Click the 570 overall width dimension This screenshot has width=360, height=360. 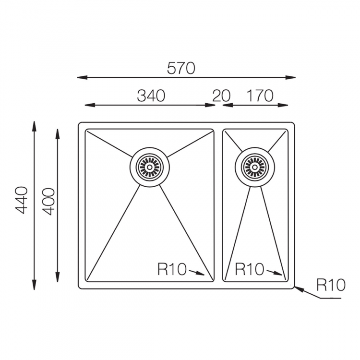pyautogui.click(x=181, y=68)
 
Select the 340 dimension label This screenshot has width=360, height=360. pyautogui.click(x=151, y=96)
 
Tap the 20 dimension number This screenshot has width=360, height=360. pyautogui.click(x=221, y=96)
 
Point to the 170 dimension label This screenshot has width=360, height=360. pyautogui.click(x=260, y=96)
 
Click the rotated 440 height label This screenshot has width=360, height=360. pyautogui.click(x=21, y=200)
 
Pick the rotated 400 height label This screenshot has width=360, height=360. pyautogui.click(x=49, y=201)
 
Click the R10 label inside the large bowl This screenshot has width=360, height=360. pyautogui.click(x=172, y=269)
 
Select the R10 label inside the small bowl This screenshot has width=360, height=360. pyautogui.click(x=249, y=269)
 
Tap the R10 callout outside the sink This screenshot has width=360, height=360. pyautogui.click(x=331, y=285)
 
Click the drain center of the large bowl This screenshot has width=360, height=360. pyautogui.click(x=150, y=167)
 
